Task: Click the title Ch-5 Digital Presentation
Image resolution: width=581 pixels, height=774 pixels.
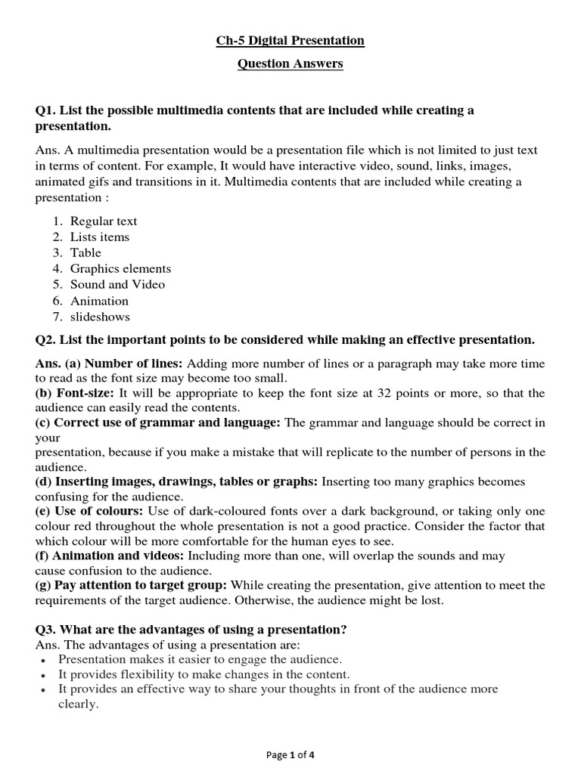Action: coord(290,40)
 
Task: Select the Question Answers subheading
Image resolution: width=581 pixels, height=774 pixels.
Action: coord(290,63)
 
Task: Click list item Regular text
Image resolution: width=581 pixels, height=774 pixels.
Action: coord(104,221)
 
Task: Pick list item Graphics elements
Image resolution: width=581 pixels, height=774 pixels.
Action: coord(120,268)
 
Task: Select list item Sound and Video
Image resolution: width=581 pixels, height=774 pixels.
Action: coord(117,284)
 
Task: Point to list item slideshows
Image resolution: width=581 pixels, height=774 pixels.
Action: coord(100,317)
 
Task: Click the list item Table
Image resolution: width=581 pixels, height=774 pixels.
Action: coord(85,252)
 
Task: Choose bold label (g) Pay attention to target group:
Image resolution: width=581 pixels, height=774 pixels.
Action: coord(132,585)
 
